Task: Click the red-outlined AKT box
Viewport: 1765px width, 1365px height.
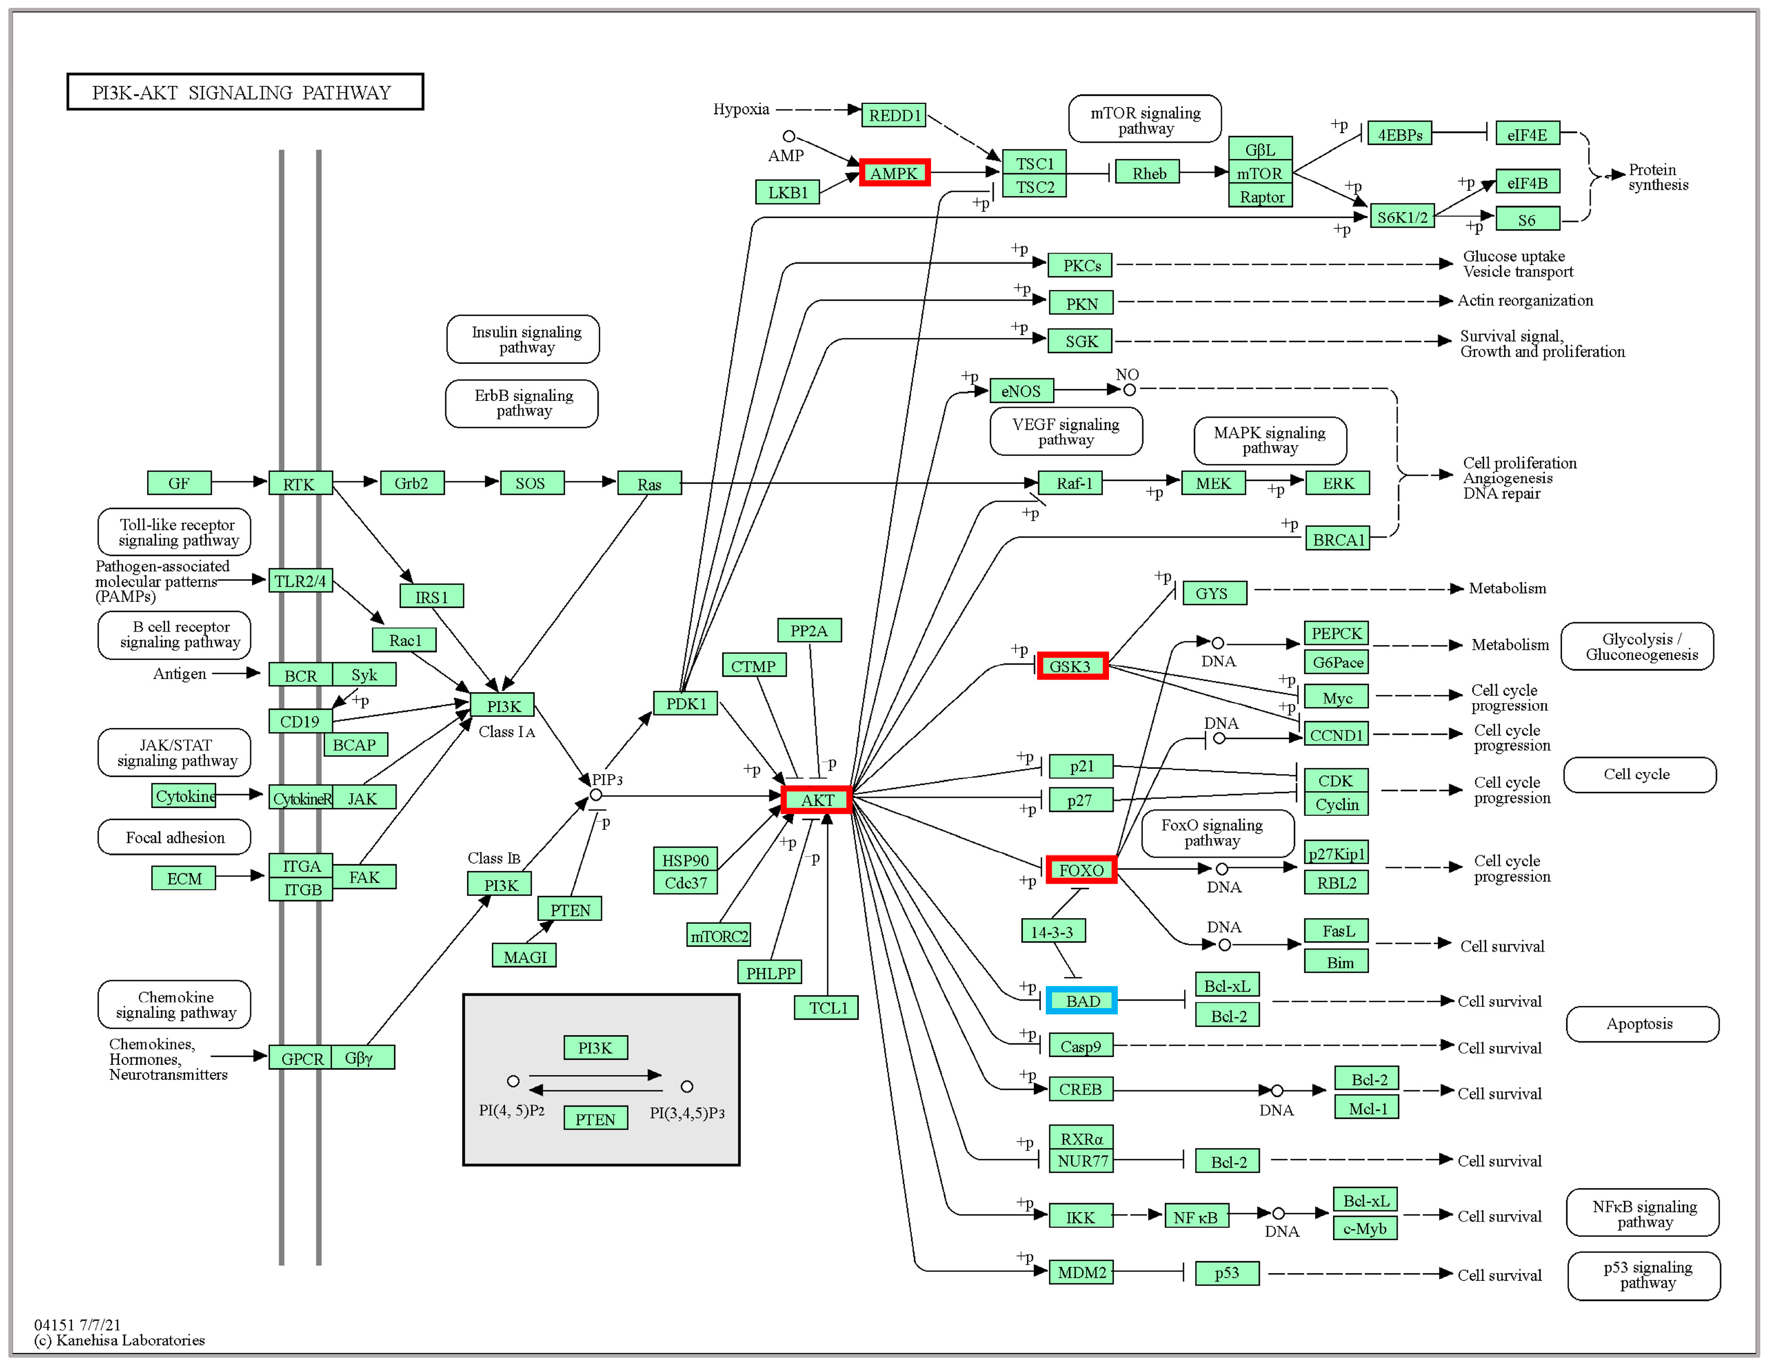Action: coord(817,799)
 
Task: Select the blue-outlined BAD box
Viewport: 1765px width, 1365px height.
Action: coord(1081,1001)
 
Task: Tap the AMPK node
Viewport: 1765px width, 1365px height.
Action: coord(894,173)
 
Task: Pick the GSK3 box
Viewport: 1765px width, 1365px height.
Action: coord(1071,666)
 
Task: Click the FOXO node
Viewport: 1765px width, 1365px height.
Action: coord(1080,870)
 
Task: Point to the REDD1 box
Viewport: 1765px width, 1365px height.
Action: coord(894,115)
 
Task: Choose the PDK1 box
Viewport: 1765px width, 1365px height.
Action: coord(685,703)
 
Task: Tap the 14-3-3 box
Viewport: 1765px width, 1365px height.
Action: coord(1052,931)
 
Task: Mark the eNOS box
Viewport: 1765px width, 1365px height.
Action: coord(1021,391)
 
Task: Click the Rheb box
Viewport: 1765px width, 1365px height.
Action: coord(1148,173)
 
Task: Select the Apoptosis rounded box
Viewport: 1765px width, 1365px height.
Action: coord(1641,1023)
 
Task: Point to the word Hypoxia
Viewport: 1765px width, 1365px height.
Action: coord(740,109)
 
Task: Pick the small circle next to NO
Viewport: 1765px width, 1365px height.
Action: coord(1129,389)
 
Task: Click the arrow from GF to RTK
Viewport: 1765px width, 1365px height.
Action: coord(239,482)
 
